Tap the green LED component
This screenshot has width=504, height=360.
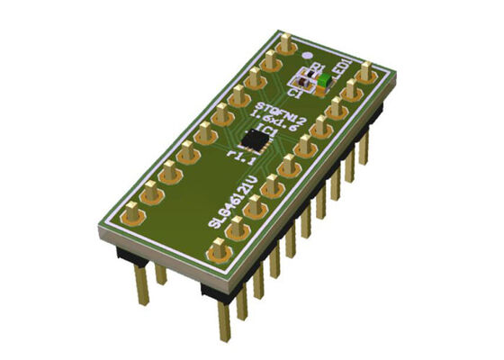tap(322, 82)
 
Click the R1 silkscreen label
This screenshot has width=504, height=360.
tap(315, 66)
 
